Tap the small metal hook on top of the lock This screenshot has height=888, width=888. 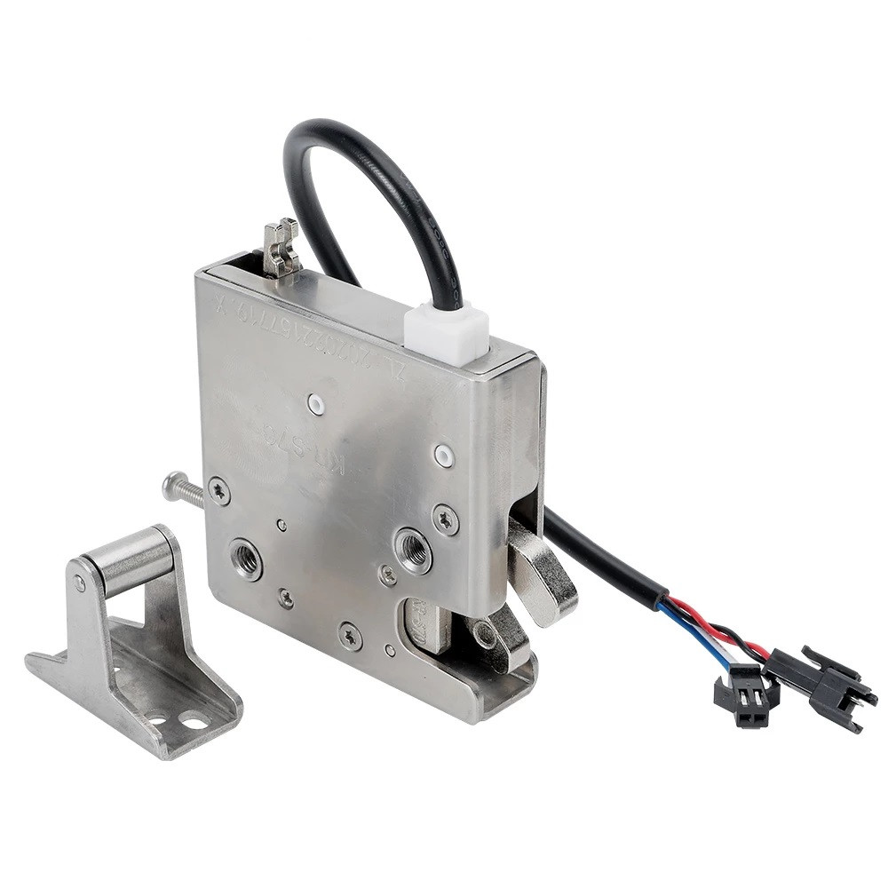(281, 246)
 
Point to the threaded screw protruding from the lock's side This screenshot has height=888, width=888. (183, 489)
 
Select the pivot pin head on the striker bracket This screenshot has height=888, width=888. (81, 583)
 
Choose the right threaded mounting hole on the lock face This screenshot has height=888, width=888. (414, 549)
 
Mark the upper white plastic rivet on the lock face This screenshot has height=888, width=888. (315, 405)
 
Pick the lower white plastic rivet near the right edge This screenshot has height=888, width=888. (444, 456)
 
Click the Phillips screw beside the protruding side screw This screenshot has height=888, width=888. (218, 490)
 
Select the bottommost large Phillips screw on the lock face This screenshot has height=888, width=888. (350, 635)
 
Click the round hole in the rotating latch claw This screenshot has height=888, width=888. (485, 635)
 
